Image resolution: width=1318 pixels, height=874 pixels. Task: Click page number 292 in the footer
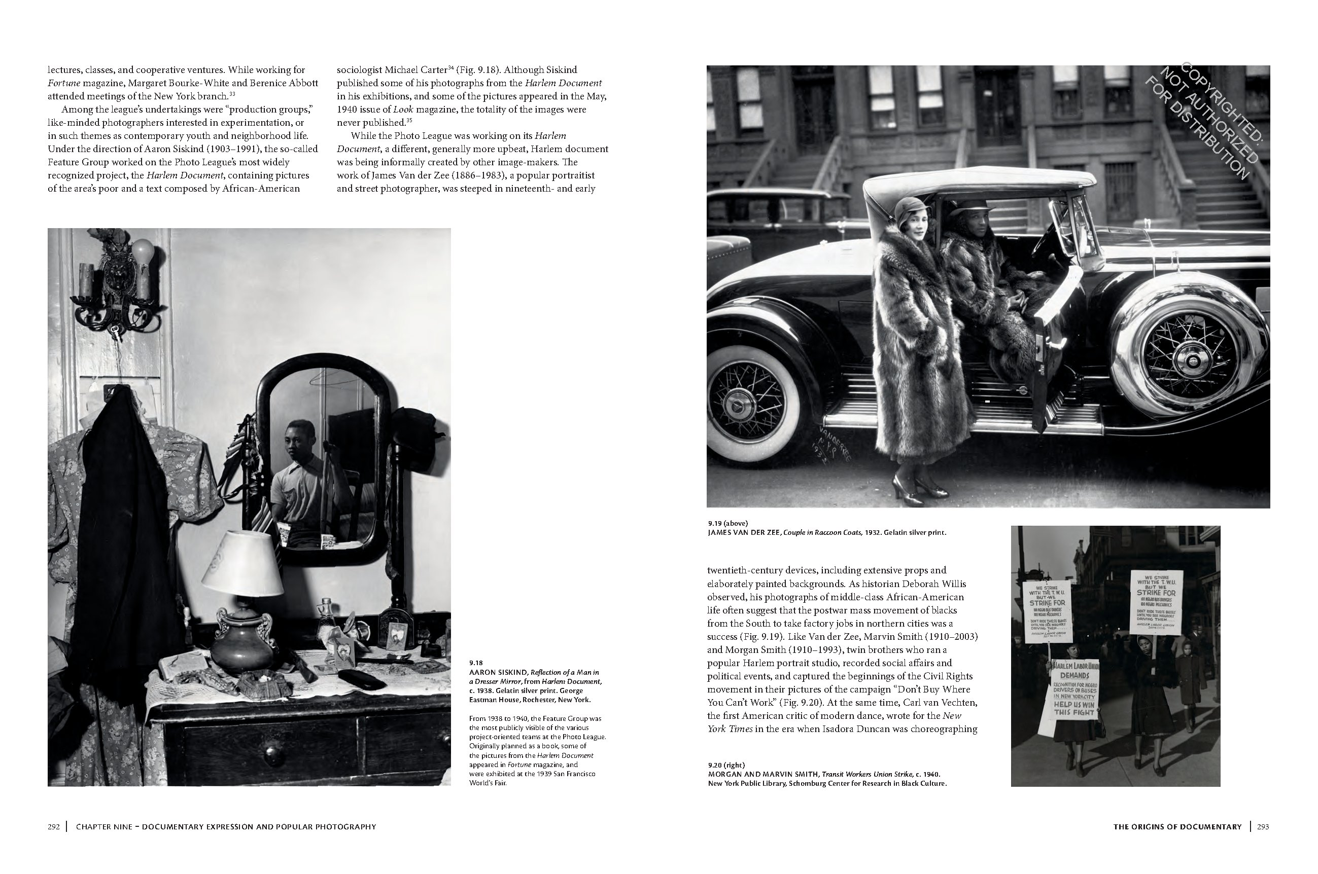tap(54, 827)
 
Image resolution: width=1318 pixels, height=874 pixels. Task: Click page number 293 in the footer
tap(1263, 827)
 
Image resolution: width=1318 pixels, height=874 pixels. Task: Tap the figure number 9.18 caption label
tap(476, 663)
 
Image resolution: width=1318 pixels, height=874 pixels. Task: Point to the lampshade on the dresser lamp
tap(242, 563)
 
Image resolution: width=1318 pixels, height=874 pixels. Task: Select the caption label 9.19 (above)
tap(728, 523)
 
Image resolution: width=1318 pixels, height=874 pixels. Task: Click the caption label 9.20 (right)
tap(726, 764)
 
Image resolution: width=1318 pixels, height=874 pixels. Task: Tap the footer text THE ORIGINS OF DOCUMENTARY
tap(1177, 827)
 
